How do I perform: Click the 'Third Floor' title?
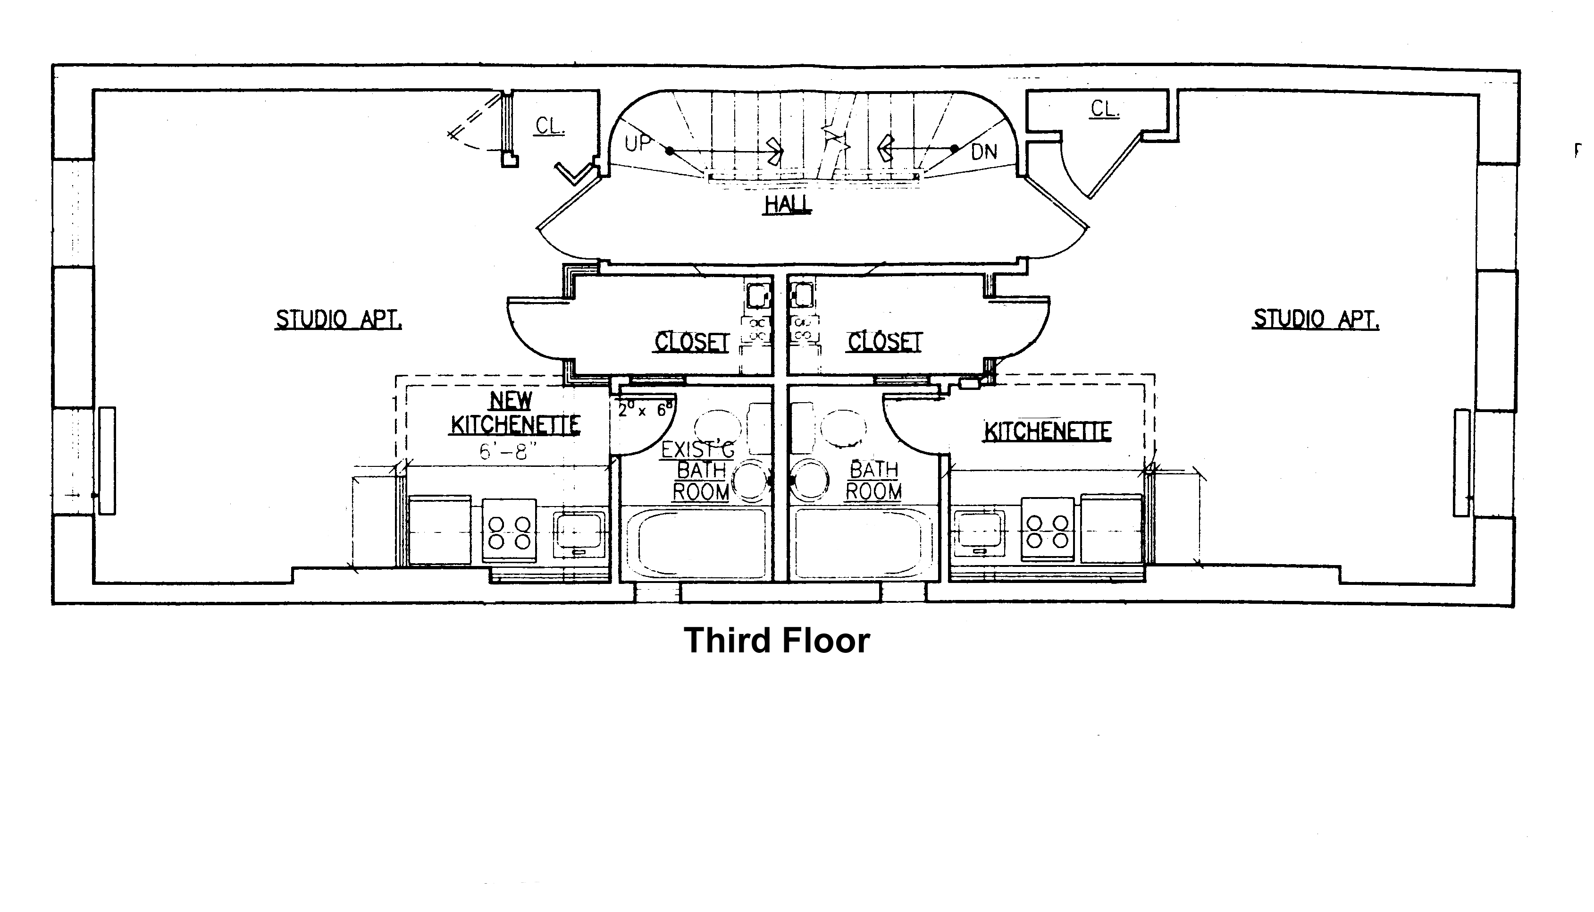776,641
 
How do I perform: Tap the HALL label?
788,204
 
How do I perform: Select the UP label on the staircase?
638,144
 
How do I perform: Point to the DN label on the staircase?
983,152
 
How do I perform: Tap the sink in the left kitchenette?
579,534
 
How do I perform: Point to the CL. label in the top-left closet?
550,127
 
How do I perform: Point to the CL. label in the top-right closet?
1104,109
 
